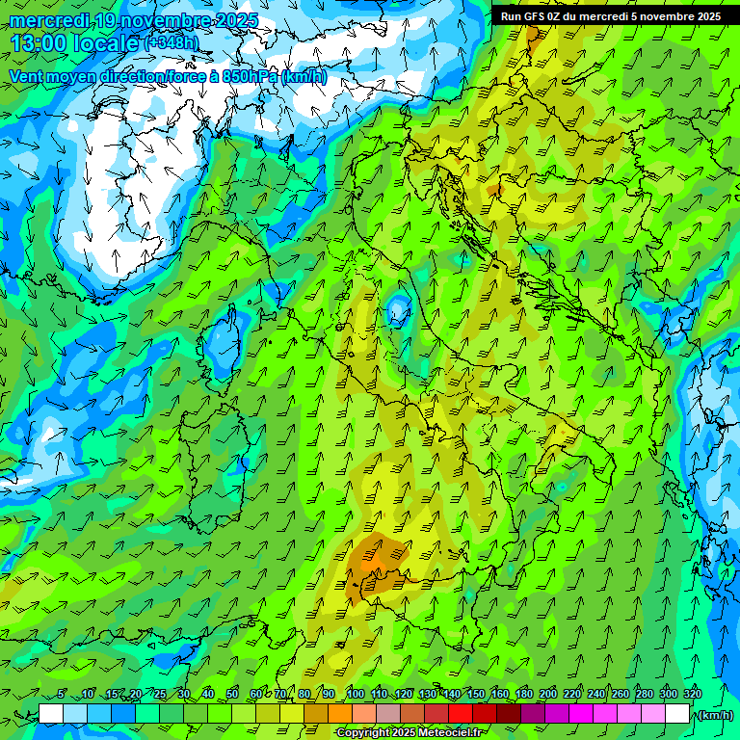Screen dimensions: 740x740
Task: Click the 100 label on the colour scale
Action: (x=355, y=694)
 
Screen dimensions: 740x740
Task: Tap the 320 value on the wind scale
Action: (x=692, y=694)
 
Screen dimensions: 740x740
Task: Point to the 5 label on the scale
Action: (x=62, y=694)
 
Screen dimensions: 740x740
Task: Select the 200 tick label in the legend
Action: (x=548, y=694)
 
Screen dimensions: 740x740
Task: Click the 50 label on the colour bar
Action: (x=232, y=694)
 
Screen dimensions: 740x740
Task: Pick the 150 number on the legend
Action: (x=476, y=694)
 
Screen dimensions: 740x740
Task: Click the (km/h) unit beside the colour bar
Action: (x=714, y=714)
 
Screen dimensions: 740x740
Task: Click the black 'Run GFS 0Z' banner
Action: (x=610, y=15)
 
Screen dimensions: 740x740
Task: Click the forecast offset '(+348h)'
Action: (x=172, y=43)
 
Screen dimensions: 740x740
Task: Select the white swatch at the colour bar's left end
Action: (x=51, y=714)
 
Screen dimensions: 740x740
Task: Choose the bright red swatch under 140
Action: (x=461, y=714)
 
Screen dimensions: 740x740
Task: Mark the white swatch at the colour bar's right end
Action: (x=677, y=714)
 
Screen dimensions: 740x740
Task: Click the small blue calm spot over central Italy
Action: (x=397, y=310)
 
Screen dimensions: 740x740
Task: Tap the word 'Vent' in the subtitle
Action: (x=26, y=76)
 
